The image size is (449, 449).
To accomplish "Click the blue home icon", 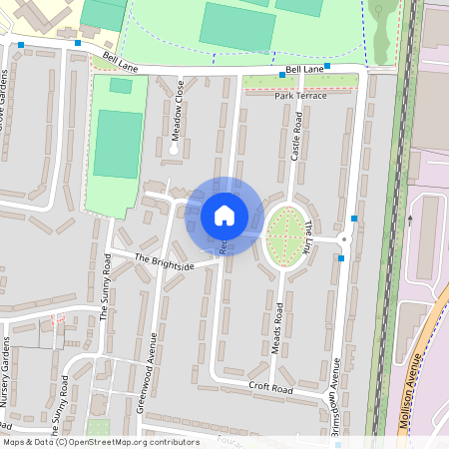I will (x=224, y=216).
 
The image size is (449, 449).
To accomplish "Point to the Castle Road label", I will (x=296, y=138).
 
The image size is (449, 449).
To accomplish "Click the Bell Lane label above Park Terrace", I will (x=304, y=70).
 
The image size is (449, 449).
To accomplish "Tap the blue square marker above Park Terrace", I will (x=283, y=75).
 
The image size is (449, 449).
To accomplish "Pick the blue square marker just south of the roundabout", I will (x=341, y=258).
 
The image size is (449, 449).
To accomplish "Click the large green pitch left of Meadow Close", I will (x=118, y=145).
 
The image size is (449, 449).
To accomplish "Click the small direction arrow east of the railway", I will (x=409, y=220).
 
